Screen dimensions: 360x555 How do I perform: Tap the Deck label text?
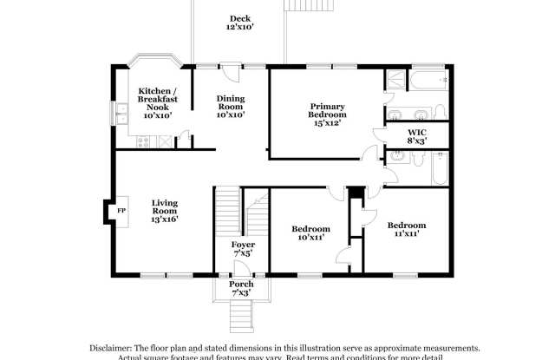239,18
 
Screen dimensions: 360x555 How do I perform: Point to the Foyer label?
243,245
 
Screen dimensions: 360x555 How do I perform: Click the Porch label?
241,285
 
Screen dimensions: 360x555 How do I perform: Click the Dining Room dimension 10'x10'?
231,115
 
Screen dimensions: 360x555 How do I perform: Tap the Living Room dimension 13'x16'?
165,219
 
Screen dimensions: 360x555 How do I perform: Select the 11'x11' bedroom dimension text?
406,233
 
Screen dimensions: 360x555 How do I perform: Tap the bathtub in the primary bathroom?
428,82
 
